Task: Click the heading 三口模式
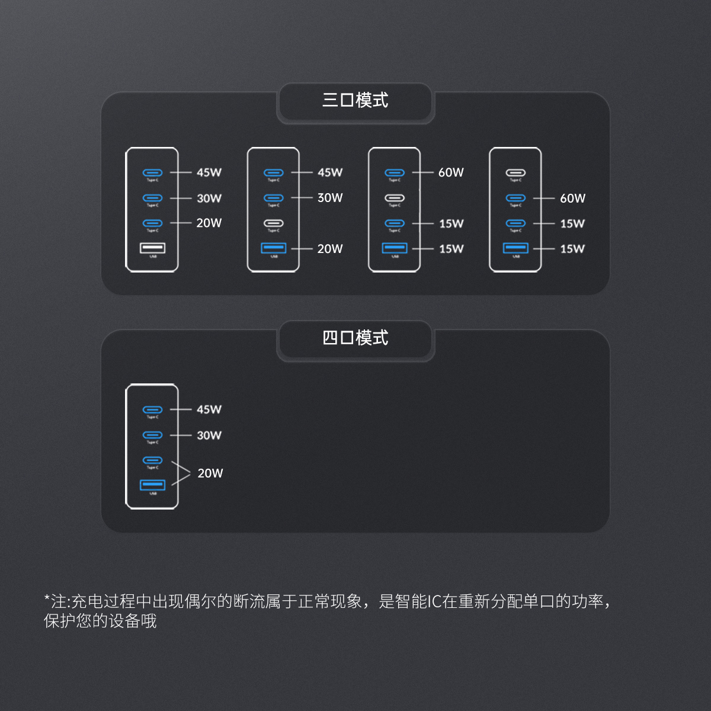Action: tap(355, 100)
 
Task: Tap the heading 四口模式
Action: tap(355, 338)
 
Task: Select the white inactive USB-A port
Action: tap(152, 248)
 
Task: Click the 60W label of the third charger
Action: tap(451, 172)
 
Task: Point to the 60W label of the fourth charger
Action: tap(572, 198)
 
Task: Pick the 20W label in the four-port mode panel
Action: tap(210, 473)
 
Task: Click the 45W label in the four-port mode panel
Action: tap(209, 409)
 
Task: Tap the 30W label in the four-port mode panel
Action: tap(209, 435)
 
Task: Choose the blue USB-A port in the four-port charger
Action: tap(152, 485)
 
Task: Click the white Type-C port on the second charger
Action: tap(273, 223)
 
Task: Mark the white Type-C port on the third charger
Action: tap(395, 198)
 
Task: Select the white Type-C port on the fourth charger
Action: tap(515, 172)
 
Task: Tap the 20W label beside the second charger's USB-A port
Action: tap(330, 249)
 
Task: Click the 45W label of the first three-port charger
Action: tap(209, 172)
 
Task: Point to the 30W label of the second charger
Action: tap(330, 198)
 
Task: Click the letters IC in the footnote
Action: tap(434, 601)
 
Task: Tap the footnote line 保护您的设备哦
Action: tap(100, 621)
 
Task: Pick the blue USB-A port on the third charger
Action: tap(395, 248)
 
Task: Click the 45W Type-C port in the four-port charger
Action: tap(152, 409)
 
